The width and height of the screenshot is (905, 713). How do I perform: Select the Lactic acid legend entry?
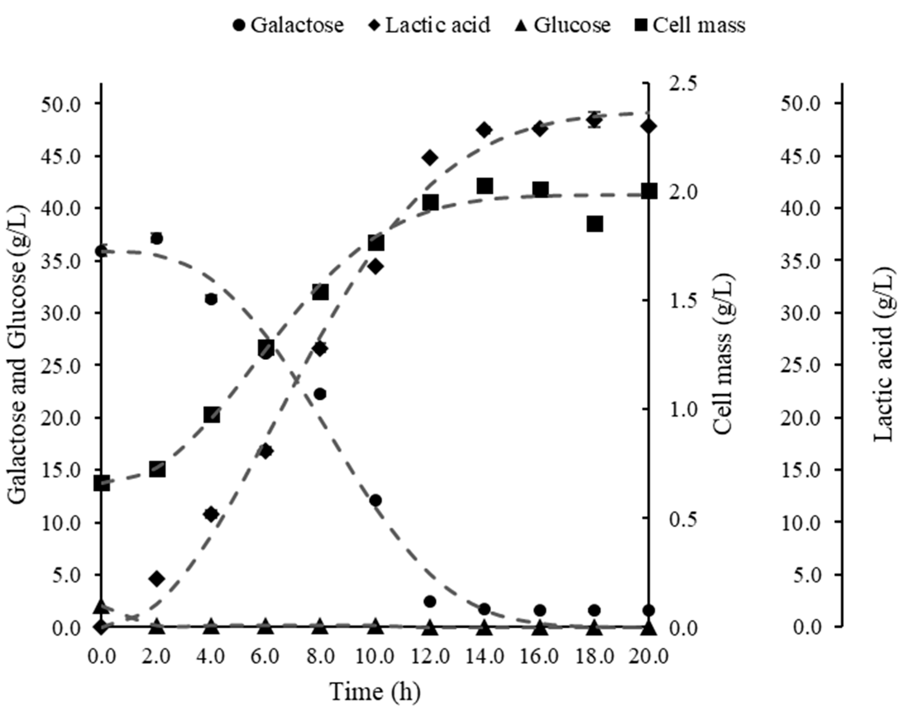click(x=430, y=25)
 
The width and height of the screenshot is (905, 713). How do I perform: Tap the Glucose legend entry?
click(x=564, y=25)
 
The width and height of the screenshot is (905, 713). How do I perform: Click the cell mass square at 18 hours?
click(x=595, y=224)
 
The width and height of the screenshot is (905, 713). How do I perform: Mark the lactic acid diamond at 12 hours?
click(x=430, y=157)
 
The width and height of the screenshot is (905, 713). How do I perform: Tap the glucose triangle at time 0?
click(x=102, y=606)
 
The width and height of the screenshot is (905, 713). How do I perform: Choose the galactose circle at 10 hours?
click(x=375, y=500)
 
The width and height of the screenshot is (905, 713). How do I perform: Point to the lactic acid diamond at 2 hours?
click(x=157, y=578)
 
